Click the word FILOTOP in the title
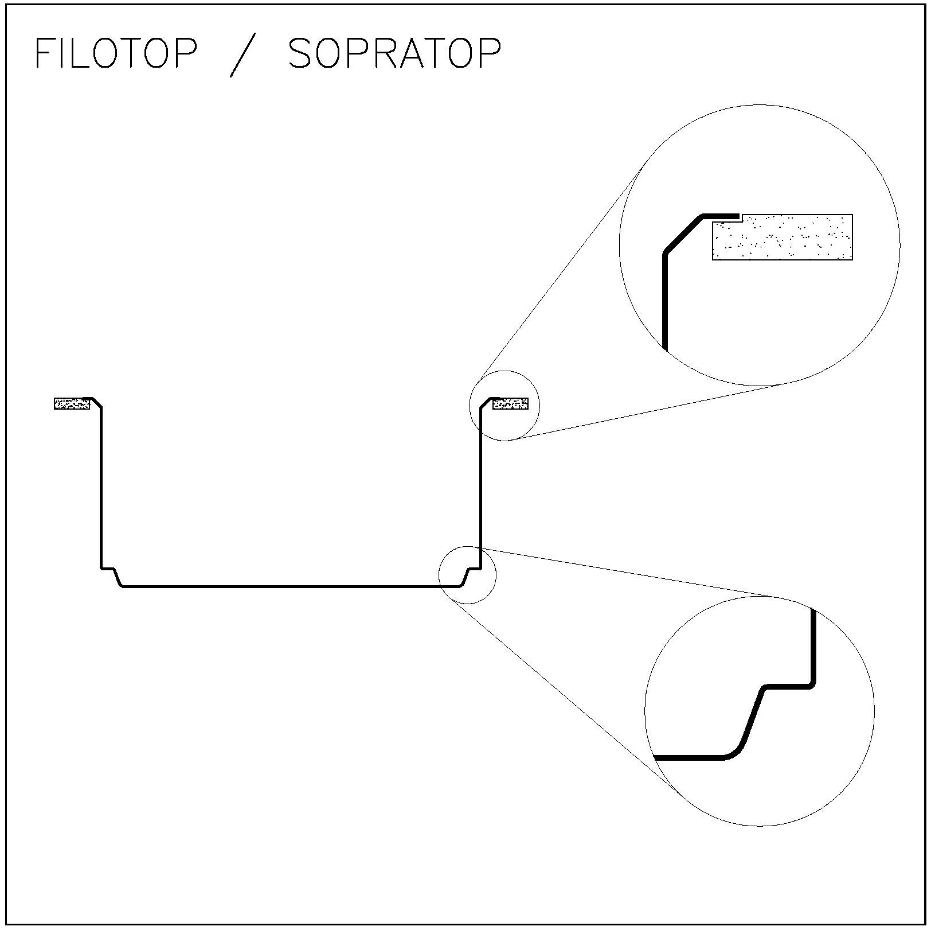[116, 53]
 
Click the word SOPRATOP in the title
[394, 53]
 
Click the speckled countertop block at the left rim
[72, 403]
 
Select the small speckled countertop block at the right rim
[510, 403]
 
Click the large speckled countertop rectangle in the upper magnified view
[783, 237]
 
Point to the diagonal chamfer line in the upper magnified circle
[683, 234]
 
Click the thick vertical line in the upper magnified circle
[665, 301]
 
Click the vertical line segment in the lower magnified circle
[813, 645]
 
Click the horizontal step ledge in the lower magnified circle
[788, 686]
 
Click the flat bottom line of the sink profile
[291, 586]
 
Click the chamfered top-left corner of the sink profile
[97, 403]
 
